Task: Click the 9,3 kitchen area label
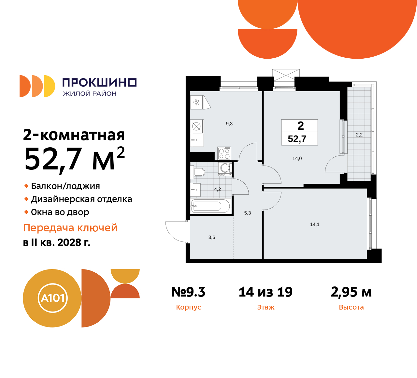(229, 124)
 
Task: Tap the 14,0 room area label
(297, 159)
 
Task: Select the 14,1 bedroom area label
(315, 225)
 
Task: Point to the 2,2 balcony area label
(359, 135)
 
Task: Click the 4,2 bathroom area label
(217, 189)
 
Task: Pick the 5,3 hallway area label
(248, 213)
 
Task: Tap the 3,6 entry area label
(212, 238)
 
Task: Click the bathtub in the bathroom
(211, 206)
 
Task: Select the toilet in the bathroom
(198, 172)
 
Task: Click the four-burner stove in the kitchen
(224, 153)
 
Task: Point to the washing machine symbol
(225, 168)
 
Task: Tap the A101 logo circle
(52, 298)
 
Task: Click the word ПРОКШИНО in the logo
(99, 82)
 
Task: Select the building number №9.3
(188, 292)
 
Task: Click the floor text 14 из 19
(266, 292)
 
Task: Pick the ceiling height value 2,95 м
(351, 292)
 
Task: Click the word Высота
(351, 307)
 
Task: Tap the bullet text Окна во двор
(60, 212)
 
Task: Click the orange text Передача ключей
(70, 228)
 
